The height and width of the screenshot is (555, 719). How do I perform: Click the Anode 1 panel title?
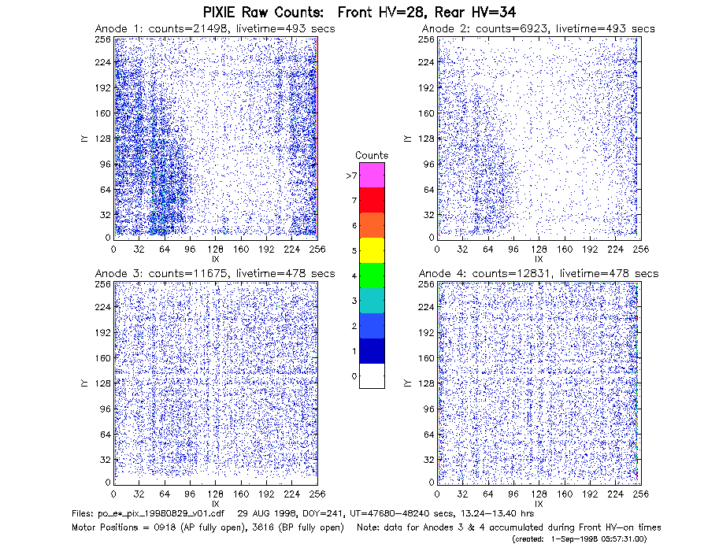click(215, 29)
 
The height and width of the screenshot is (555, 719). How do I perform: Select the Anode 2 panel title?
click(539, 29)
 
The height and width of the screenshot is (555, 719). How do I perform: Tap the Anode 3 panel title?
click(215, 274)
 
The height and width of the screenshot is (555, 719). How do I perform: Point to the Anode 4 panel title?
click(539, 274)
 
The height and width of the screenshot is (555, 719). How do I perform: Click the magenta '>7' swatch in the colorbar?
click(372, 175)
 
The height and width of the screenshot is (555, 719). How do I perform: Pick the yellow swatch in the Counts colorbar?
click(372, 250)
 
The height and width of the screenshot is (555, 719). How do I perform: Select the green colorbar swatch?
click(372, 276)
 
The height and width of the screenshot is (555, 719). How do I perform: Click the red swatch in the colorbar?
click(372, 200)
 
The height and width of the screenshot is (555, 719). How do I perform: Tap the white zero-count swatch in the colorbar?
click(372, 376)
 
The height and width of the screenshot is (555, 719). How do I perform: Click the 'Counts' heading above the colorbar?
click(372, 155)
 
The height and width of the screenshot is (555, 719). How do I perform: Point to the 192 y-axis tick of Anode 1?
click(103, 87)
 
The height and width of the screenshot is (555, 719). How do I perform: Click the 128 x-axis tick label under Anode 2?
click(539, 250)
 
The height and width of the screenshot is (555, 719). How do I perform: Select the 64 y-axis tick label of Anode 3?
click(106, 435)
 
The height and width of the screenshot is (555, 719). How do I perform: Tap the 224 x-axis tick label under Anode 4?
click(615, 494)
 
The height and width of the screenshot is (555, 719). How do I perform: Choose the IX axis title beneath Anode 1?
click(216, 260)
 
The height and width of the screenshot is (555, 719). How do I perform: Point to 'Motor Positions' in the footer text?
click(105, 527)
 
